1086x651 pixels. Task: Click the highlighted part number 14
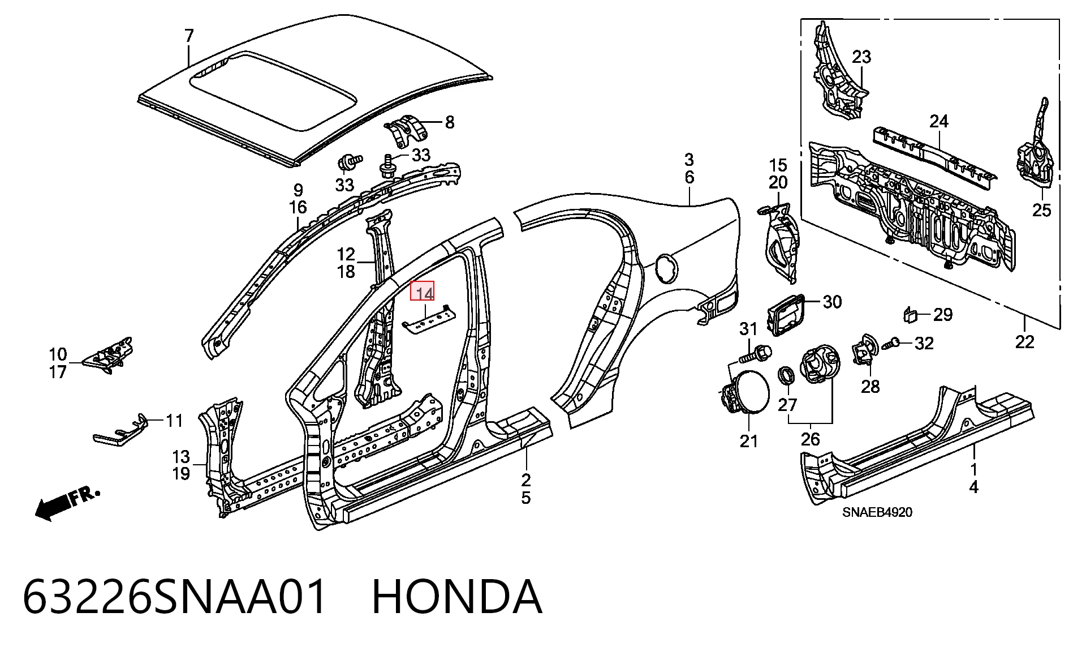(423, 292)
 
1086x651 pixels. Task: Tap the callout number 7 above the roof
(189, 36)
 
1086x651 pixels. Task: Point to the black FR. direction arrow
(67, 503)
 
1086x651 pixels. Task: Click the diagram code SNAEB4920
(877, 512)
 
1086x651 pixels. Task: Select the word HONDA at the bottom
(457, 597)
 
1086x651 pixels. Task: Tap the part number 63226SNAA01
(175, 597)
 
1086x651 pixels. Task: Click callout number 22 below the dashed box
(1024, 341)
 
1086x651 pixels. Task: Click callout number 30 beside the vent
(832, 302)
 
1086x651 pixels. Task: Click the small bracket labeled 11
(120, 431)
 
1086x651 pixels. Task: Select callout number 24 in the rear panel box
(938, 121)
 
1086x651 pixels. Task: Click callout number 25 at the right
(1041, 210)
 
